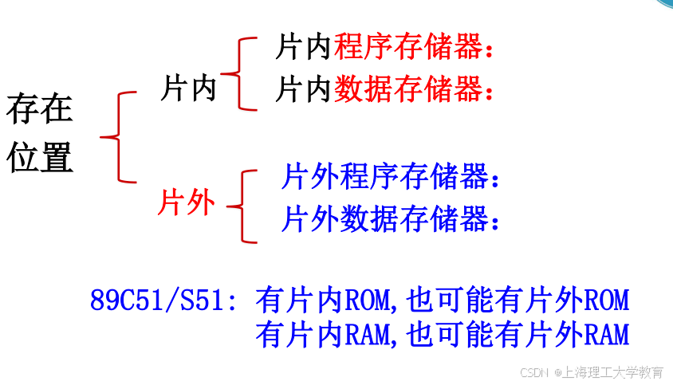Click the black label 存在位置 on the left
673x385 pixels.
(40, 133)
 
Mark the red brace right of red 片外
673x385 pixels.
(241, 206)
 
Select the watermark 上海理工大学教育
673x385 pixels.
(614, 372)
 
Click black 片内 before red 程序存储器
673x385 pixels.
(304, 47)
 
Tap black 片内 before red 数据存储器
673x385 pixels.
(304, 88)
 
